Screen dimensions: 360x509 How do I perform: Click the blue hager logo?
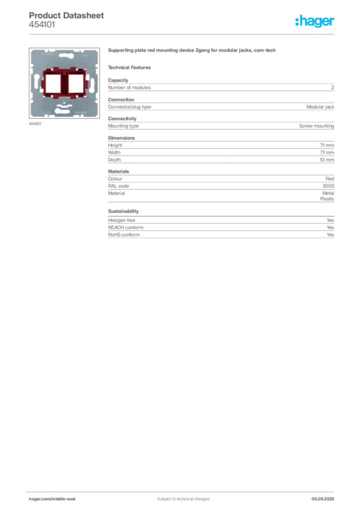tap(316, 21)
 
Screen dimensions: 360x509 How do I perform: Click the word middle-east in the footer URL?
tap(64, 499)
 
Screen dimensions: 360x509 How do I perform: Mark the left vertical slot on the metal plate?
tap(36, 80)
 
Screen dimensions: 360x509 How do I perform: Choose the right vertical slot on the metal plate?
tap(92, 80)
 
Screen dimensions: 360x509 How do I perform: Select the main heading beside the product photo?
tap(192, 51)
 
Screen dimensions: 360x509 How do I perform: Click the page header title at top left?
tap(67, 15)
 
